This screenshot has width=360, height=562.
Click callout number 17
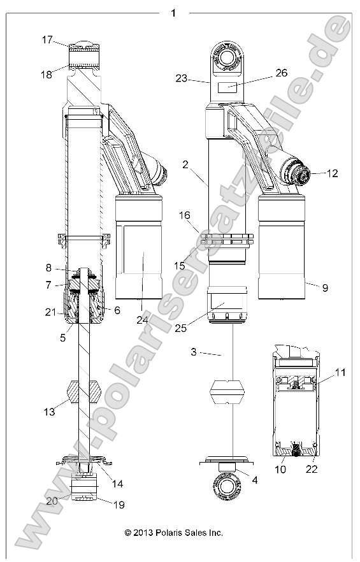(x=47, y=40)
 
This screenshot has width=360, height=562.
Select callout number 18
(x=47, y=75)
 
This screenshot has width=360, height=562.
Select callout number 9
(x=324, y=288)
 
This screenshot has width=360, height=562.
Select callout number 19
(x=119, y=505)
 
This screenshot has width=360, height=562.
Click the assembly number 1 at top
(x=173, y=12)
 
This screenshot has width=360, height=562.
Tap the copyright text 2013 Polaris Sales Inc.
(x=173, y=532)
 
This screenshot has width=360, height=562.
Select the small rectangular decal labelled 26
(x=228, y=87)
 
